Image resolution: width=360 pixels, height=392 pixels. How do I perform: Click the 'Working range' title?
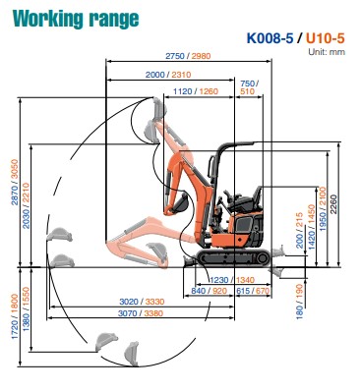[76, 19]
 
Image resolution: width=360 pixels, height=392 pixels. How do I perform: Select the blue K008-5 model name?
[270, 38]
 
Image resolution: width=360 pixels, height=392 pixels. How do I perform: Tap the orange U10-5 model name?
[326, 38]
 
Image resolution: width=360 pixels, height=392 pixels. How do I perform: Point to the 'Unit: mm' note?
[327, 52]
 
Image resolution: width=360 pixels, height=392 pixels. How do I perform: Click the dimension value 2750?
[175, 56]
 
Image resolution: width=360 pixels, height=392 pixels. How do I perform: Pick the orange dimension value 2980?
[201, 56]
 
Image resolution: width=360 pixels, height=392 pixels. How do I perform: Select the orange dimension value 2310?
[181, 75]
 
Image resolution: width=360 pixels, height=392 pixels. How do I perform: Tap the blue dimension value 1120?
[183, 91]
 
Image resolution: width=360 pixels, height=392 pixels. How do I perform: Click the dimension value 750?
[247, 84]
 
